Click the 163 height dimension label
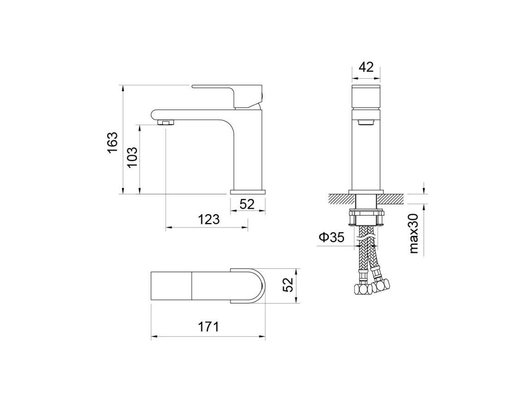click(x=113, y=142)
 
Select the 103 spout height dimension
click(x=132, y=157)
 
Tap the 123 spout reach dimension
click(x=209, y=219)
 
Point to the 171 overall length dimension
click(x=208, y=327)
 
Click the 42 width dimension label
click(x=366, y=67)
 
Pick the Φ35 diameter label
click(x=332, y=237)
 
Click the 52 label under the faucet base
click(x=247, y=204)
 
